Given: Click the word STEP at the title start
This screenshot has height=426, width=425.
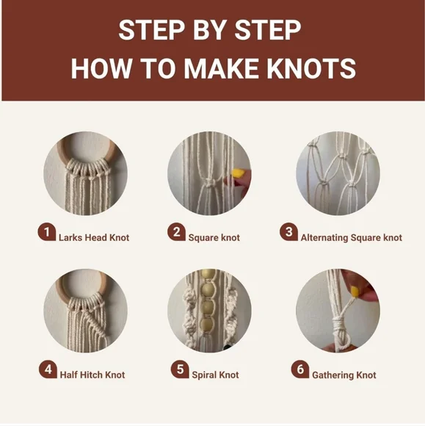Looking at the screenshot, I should click(x=148, y=32).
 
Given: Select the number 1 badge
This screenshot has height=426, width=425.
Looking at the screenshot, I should click(x=47, y=233).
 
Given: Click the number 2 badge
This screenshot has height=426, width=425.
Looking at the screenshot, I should click(x=175, y=233).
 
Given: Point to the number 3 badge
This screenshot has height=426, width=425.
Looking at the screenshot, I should click(x=288, y=233).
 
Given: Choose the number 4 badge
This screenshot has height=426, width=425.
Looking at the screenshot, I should click(x=47, y=369).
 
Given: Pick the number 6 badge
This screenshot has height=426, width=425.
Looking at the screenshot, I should click(x=299, y=369).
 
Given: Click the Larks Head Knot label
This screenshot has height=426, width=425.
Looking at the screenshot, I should click(x=94, y=238).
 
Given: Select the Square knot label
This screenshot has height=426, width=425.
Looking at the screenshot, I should click(x=214, y=238).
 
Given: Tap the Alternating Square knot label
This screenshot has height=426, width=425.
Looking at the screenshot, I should click(x=351, y=238).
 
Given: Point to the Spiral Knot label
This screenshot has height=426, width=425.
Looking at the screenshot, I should click(x=215, y=375).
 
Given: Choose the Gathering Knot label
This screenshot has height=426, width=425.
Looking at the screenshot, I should click(x=344, y=375).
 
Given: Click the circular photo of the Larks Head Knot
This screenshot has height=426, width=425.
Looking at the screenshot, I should click(x=85, y=173).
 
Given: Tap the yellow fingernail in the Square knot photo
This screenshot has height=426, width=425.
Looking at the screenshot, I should click(x=237, y=175).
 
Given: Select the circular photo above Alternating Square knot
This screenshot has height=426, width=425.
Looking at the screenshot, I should click(x=337, y=173).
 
